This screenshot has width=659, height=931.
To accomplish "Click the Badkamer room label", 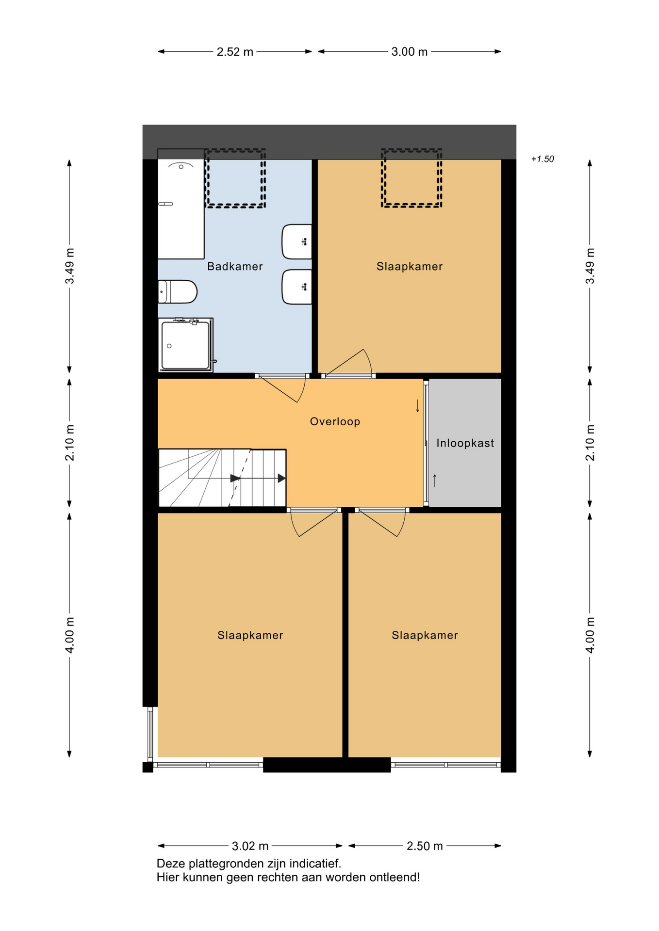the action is tap(235, 266).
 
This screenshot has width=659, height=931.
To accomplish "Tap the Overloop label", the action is tap(335, 421).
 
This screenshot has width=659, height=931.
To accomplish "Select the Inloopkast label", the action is tap(465, 443).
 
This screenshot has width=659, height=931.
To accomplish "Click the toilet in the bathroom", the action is tap(178, 291).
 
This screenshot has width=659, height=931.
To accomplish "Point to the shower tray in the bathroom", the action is tap(186, 345).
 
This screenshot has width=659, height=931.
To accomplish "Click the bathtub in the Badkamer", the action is tap(181, 204).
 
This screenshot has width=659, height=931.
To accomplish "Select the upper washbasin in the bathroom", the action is tap(297, 241).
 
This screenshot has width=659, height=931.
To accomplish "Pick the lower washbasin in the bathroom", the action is tap(297, 287).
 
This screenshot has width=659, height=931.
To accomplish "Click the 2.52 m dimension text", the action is tap(235, 52).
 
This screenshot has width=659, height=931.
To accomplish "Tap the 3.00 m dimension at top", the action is tap(410, 52).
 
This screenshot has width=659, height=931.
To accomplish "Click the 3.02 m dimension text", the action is tap(250, 846).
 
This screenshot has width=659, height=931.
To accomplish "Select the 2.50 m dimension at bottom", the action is tap(425, 846).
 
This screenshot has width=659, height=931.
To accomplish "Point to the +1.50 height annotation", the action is tap(543, 159).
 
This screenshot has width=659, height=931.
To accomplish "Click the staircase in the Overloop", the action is tap(222, 478).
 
